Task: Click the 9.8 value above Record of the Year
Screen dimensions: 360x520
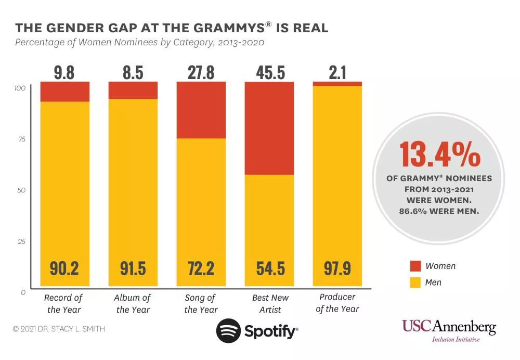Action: pos(64,73)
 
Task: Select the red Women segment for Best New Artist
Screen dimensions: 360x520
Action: pos(269,128)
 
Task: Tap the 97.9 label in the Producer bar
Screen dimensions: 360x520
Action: pos(337,269)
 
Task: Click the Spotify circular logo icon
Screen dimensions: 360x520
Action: pos(227,331)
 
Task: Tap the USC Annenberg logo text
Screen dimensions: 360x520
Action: pos(449,327)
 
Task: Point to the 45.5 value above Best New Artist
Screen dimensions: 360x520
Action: pos(270,73)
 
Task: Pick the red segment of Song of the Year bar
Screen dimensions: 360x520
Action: pos(201,110)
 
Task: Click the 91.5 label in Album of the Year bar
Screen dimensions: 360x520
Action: pos(133,269)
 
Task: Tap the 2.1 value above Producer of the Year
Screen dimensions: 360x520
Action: pos(337,73)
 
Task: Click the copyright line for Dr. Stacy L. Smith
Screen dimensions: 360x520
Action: pos(59,329)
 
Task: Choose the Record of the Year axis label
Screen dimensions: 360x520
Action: pos(63,304)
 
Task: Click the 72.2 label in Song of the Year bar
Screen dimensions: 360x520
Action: pos(201,269)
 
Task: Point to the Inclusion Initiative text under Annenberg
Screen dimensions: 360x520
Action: pos(456,340)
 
